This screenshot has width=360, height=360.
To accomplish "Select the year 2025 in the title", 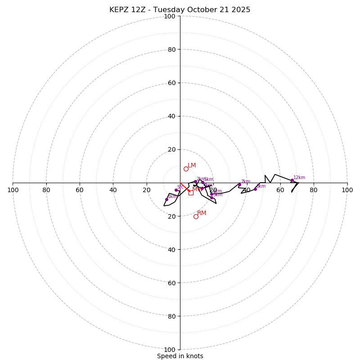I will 240,10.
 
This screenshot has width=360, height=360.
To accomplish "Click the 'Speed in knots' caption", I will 180,356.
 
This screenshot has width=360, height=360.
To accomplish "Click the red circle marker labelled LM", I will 186,169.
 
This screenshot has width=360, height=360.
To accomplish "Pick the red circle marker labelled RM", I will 196,216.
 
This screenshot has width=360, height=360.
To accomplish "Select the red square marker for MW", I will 191,193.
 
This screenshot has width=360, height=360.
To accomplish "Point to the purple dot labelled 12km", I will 292,180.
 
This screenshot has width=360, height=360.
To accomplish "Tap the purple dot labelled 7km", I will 239,184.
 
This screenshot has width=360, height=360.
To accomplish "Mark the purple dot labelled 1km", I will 166,199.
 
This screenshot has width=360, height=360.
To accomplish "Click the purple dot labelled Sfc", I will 176,190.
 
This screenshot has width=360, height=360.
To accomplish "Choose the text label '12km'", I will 299,177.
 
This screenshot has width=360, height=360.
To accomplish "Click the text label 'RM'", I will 202,213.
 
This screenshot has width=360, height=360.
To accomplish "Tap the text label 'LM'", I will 192,165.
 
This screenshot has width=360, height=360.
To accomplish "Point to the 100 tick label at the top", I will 170,16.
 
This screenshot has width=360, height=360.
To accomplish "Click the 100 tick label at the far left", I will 13,190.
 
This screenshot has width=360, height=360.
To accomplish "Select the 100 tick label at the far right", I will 347,190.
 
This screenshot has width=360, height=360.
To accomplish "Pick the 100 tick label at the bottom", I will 170,350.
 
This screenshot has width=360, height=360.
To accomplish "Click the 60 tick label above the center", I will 171,83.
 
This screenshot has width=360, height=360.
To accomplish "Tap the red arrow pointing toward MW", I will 185,187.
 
